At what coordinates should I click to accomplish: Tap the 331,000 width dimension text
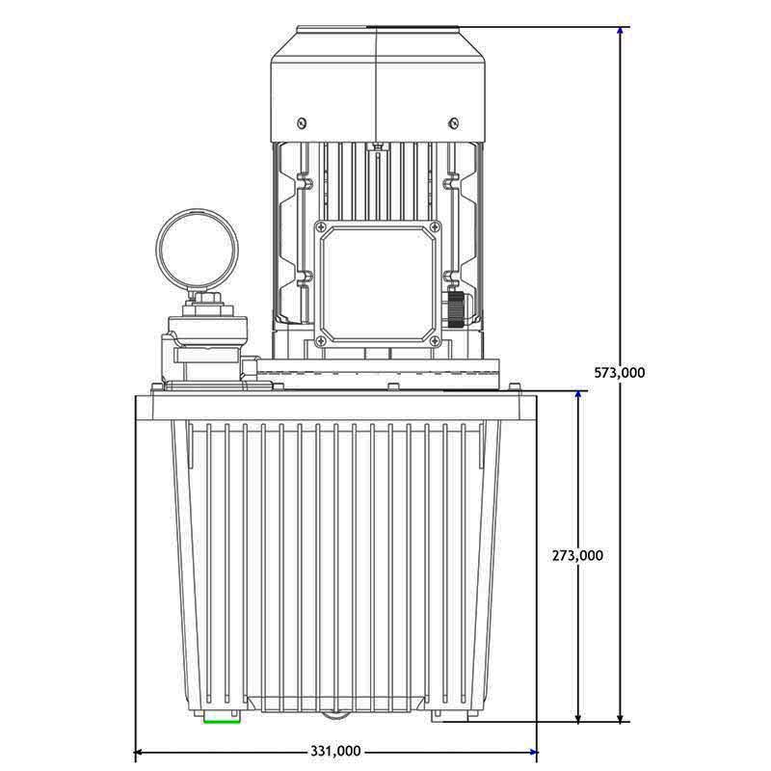335,751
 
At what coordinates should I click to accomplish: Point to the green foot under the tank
221,716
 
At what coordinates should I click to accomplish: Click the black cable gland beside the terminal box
452,307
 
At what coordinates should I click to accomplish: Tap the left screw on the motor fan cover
303,121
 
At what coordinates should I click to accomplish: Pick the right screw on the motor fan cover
453,121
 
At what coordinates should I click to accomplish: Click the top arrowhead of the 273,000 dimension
578,396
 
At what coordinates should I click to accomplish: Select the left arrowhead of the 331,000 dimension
140,751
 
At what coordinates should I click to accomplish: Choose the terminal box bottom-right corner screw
435,341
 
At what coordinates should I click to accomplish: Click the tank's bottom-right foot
452,715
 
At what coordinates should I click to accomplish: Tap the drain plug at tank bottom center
334,714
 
